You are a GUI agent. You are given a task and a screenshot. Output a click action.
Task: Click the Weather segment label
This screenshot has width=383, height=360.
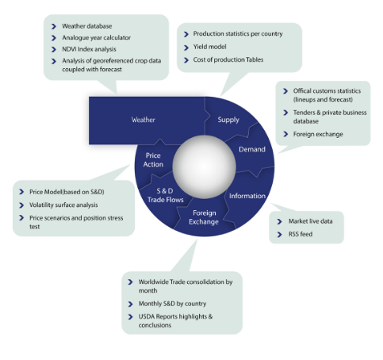point(144,120)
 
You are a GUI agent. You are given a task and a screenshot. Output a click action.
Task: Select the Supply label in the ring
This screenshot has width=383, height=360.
point(228,120)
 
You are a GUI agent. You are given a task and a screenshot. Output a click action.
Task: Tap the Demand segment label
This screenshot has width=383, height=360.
point(252,149)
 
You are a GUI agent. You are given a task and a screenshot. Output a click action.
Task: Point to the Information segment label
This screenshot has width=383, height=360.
point(247,196)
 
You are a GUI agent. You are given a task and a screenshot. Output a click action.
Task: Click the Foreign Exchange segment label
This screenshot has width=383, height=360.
point(204,217)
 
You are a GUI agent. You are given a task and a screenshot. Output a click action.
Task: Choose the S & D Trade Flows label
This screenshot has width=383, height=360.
point(166,195)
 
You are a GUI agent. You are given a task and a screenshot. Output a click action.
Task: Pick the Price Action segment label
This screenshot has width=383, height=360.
point(153,160)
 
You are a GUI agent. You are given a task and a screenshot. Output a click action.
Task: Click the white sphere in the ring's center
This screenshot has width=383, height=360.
point(204,167)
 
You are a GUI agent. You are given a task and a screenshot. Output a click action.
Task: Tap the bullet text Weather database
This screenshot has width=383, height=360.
point(87,26)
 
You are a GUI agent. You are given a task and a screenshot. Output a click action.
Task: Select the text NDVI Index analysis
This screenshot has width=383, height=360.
point(89,49)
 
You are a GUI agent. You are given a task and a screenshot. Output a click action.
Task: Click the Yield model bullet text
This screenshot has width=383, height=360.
point(209,47)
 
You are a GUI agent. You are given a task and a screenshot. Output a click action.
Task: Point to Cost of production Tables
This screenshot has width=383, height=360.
point(228,59)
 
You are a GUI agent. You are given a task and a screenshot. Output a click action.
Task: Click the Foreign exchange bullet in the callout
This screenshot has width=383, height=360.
point(318,134)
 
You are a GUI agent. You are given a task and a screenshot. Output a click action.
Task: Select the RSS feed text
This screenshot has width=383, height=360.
point(301,234)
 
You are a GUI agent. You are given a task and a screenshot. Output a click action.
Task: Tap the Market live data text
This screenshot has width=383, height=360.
point(311,221)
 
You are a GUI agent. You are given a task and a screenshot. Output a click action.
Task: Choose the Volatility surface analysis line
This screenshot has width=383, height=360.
point(63,205)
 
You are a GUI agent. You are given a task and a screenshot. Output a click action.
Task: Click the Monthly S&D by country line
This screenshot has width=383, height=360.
point(172,304)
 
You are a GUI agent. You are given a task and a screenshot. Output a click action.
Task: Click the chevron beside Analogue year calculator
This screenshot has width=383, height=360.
point(54,38)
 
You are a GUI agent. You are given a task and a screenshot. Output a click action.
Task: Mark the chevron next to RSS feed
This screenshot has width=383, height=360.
point(279,235)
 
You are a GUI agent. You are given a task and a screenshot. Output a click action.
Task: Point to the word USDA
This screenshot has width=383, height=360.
point(147,316)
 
